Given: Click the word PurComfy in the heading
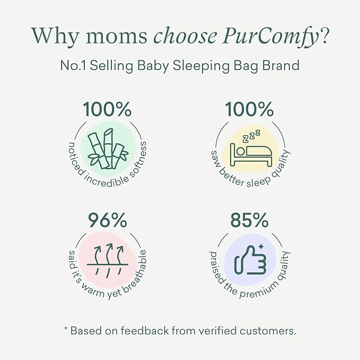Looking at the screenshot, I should (x=273, y=36).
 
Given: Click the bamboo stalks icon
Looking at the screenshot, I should (x=107, y=149).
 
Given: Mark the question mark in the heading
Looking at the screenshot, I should (x=323, y=36).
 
